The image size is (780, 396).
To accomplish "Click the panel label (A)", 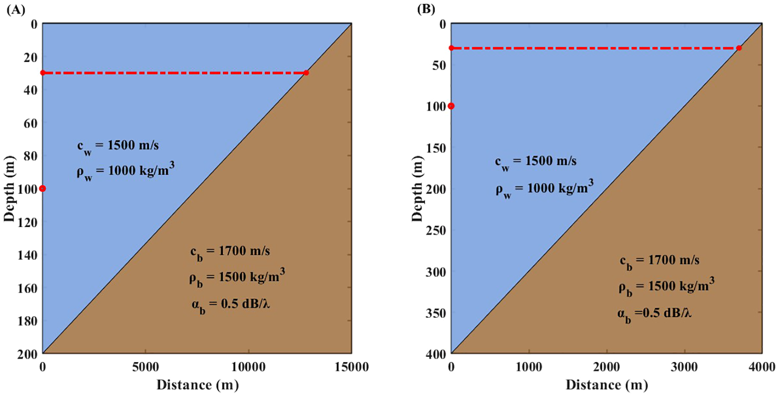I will point(16,9).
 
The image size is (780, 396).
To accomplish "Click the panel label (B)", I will point(426,9).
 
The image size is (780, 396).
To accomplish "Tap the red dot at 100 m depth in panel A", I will point(42,188).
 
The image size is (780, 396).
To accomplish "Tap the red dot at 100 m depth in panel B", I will point(451,106).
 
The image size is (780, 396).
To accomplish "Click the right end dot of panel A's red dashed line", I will point(306,73).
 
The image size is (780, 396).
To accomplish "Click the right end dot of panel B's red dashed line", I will point(739,48).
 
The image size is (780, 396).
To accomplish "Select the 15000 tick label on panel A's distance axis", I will point(351,367).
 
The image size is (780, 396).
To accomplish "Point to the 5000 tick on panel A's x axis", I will point(145,367).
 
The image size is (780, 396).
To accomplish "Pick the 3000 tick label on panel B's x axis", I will point(684,367).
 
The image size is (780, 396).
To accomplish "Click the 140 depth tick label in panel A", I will point(27,255).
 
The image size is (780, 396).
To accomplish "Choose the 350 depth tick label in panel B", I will point(436,313).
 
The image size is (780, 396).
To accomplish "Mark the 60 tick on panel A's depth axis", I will point(30,123).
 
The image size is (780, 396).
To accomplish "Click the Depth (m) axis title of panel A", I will point(9,188).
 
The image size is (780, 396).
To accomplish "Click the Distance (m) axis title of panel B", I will point(606,385).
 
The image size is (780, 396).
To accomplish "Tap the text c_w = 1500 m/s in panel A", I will point(118,146).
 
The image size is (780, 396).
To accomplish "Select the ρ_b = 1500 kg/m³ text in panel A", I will point(237,277).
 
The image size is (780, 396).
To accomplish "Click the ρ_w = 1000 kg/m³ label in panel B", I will point(544,188).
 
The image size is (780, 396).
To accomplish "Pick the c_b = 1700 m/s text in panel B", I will point(659,261).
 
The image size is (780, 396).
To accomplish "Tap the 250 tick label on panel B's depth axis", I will point(436,230).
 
